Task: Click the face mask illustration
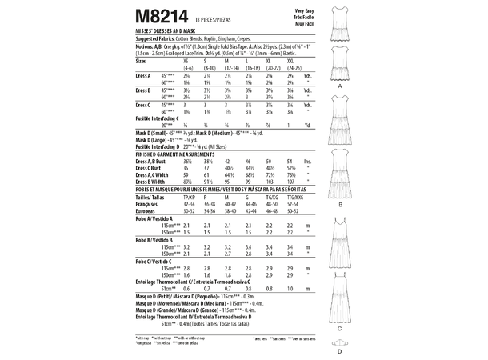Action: [x=342, y=342]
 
